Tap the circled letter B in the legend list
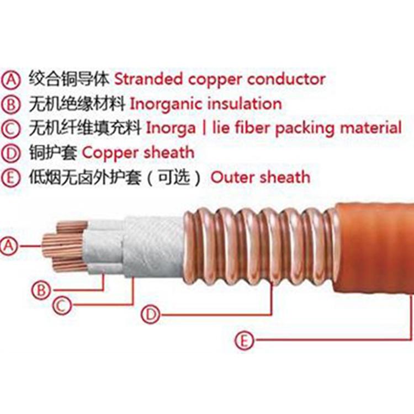10,104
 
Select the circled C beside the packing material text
10,129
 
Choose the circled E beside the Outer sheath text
10,178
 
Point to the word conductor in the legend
286,79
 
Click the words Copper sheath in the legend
138,152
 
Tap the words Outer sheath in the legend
261,177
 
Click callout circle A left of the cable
9,246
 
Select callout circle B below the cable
41,290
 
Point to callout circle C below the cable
62,305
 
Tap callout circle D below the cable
151,315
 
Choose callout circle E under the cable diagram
244,340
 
